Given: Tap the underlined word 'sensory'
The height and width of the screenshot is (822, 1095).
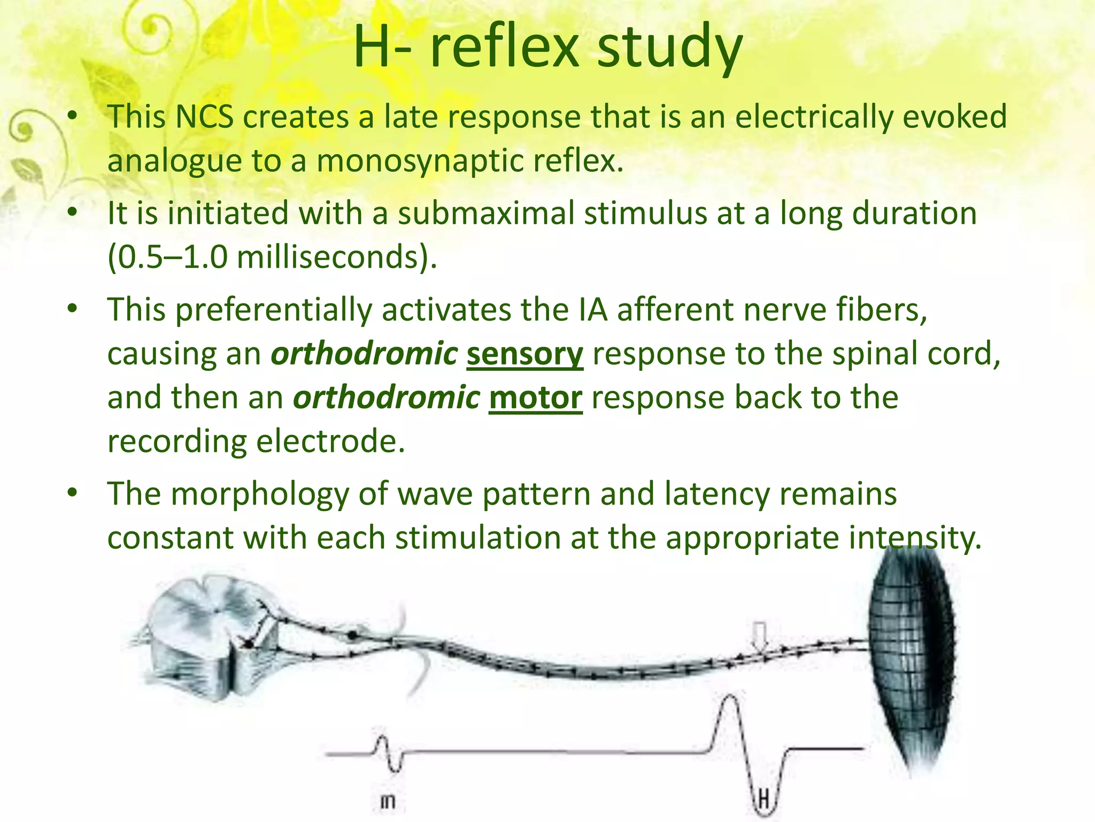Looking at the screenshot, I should [525, 354].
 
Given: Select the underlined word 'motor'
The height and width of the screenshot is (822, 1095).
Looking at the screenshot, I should [535, 398].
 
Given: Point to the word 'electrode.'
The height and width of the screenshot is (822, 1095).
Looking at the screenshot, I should [330, 442].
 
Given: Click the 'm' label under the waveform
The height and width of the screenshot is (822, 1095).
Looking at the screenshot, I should [388, 801].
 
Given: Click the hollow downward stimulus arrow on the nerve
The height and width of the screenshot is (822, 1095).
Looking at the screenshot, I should [759, 637].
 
